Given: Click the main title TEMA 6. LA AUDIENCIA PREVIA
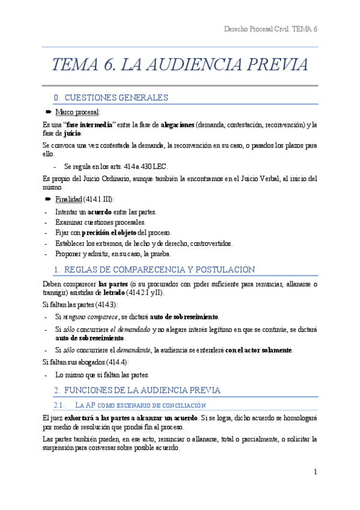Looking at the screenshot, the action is pos(180,65).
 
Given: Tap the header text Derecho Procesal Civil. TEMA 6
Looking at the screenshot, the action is pos(270,29).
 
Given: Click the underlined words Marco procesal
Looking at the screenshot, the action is pos(78,112).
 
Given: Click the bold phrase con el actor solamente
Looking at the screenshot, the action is pos(258,349).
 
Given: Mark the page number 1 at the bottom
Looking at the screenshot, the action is pos(315,471).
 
